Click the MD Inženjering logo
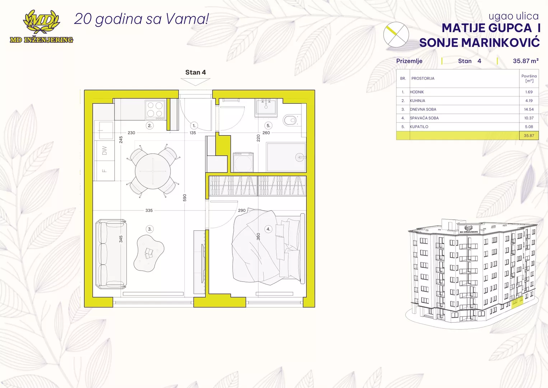coord(42,27)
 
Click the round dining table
coord(153,171)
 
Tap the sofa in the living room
coord(111,254)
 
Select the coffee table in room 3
coord(149,253)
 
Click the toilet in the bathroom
coord(290,120)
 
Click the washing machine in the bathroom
coord(243,162)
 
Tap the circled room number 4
coord(268,229)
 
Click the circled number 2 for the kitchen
coord(150,126)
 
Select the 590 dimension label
coord(185,198)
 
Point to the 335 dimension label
coord(149,211)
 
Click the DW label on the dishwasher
coord(104,151)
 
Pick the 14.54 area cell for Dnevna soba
coord(529,109)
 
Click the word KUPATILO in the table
coord(419,126)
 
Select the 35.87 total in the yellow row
coord(529,135)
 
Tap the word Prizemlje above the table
coord(409,61)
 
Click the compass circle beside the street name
coord(396,34)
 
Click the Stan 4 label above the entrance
coord(196,72)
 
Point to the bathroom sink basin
coord(266,107)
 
